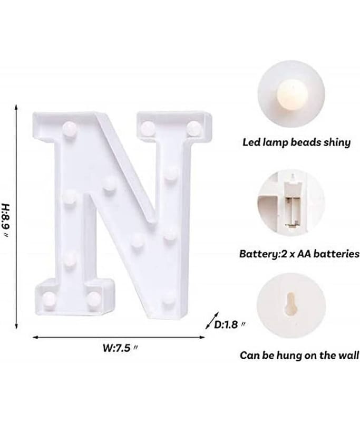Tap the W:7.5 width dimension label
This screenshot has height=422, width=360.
point(120,348)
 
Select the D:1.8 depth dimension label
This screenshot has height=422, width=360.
point(229,324)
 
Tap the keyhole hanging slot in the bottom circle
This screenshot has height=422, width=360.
point(291,304)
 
